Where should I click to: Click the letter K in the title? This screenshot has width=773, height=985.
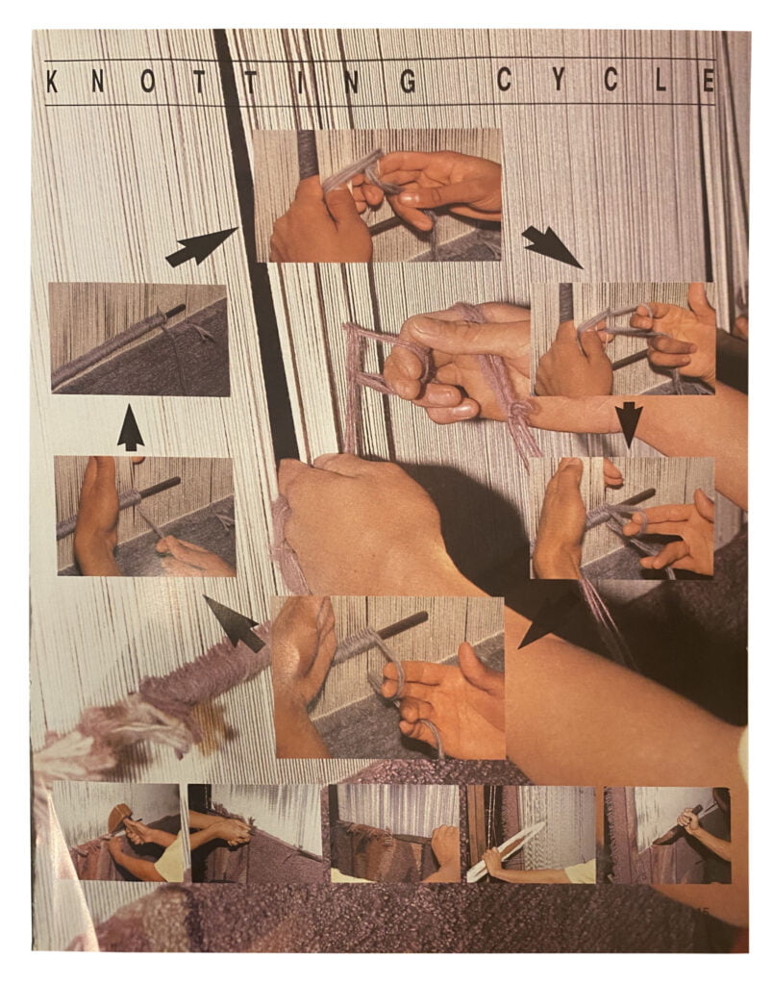pos(52,81)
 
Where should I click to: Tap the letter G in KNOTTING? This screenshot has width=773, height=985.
pos(408,81)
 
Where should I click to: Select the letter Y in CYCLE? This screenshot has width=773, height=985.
pos(559,80)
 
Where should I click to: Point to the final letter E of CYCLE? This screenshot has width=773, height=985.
pos(709,81)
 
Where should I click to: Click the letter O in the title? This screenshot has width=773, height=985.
pos(147,81)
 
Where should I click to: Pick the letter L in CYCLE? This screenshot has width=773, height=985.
pos(661,80)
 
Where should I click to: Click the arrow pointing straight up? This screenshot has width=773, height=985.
pos(131,428)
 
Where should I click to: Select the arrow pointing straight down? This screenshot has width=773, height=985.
pos(629,424)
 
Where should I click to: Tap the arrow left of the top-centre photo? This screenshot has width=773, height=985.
pos(201,246)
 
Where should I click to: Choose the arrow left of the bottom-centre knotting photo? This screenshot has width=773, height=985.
pos(234,623)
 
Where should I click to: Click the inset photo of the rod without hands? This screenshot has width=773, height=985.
pos(138,340)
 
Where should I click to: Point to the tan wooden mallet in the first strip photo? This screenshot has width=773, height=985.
pos(118,818)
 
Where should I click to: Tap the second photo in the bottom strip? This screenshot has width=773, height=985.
pos(256,833)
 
